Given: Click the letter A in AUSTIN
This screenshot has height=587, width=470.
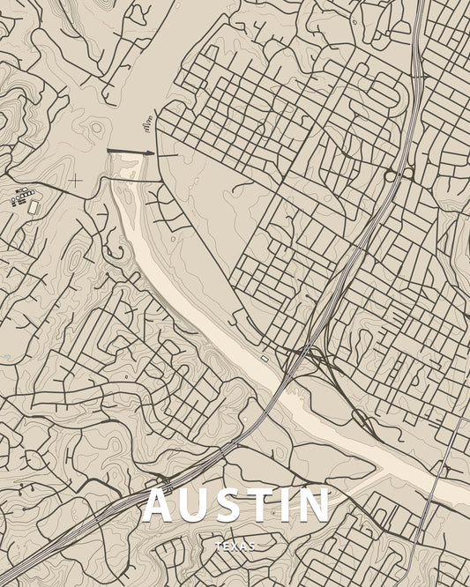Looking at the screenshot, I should coord(159,505).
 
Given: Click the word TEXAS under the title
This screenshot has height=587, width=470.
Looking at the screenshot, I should coord(235,546).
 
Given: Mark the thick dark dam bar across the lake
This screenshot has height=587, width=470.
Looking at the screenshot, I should coord(130,152).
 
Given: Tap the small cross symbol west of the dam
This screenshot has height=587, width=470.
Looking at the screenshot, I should coord(76,181).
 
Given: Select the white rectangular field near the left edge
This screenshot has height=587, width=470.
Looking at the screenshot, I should coord(34,207).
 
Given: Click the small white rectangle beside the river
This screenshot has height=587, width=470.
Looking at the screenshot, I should coord(265,359).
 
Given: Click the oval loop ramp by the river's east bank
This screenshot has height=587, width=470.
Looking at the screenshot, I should coord(361,418).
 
